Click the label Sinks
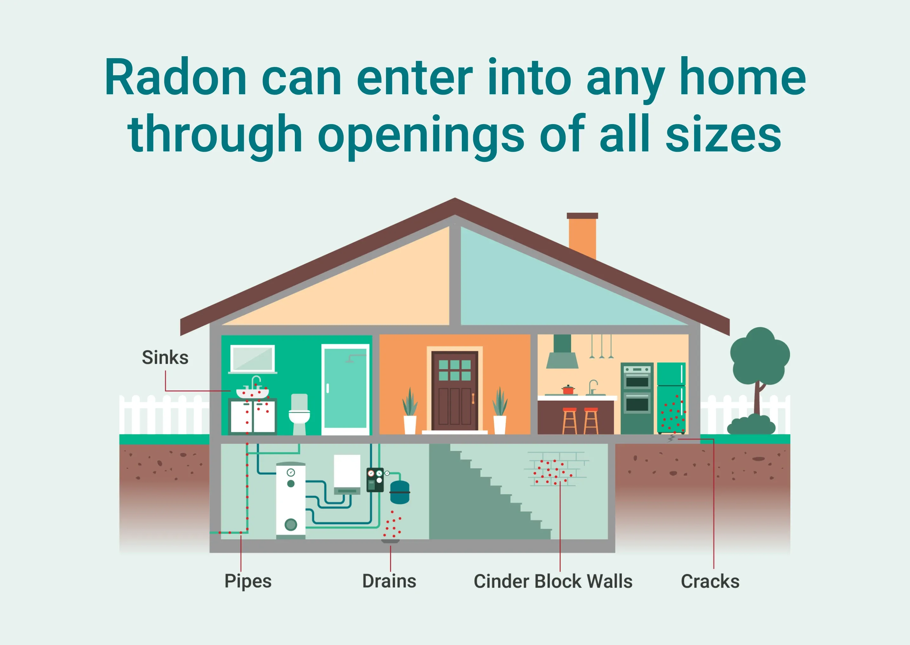[x=165, y=357]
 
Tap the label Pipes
[x=248, y=582]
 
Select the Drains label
[x=389, y=581]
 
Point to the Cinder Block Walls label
[x=553, y=581]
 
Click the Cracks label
[x=710, y=581]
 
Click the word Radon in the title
[x=176, y=78]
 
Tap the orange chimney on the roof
[x=582, y=236]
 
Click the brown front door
[x=455, y=391]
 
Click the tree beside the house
[x=760, y=373]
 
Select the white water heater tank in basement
[x=291, y=501]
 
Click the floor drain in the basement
[x=391, y=541]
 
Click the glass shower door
[x=345, y=389]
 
